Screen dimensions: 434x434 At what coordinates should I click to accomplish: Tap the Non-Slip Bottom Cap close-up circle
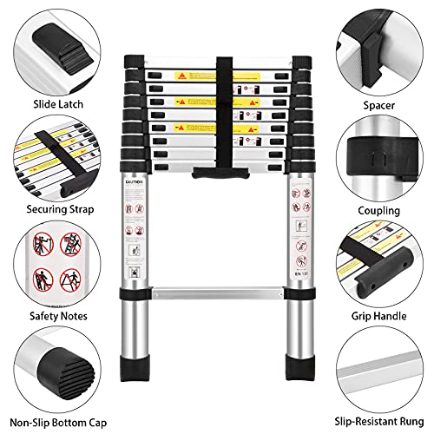pos(54,366)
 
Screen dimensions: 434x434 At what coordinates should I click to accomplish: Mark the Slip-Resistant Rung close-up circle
pos(380,366)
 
